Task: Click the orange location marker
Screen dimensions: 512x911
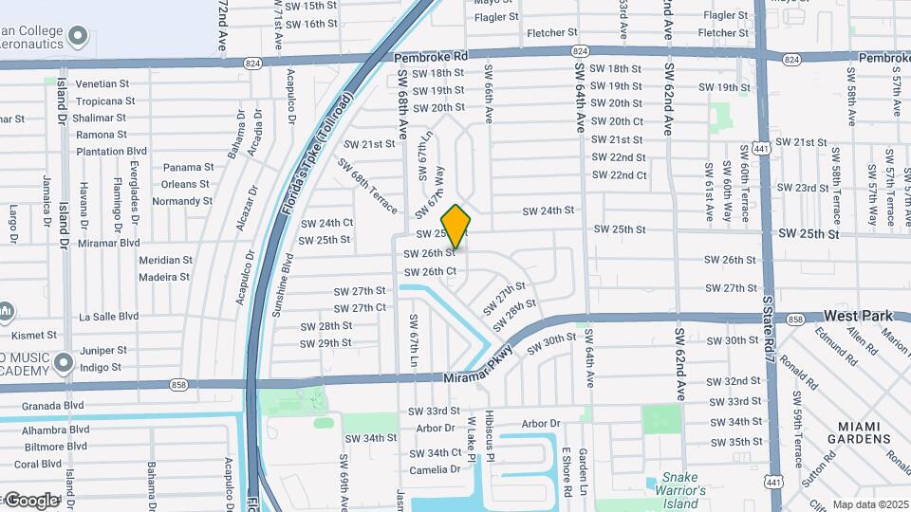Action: (455, 226)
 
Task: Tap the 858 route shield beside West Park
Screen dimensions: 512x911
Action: (795, 320)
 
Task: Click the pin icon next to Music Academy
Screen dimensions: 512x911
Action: (64, 363)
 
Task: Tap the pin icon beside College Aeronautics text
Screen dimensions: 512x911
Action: (80, 37)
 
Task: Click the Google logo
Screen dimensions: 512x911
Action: (31, 500)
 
